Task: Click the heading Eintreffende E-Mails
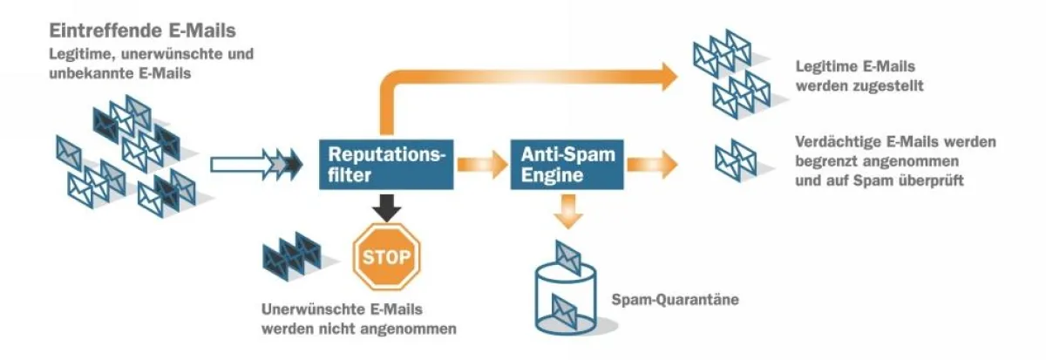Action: pos(142,31)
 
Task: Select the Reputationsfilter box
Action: pos(386,164)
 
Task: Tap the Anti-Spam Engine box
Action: pos(567,164)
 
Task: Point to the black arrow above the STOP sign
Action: pos(385,206)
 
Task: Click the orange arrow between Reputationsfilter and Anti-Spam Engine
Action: pos(482,164)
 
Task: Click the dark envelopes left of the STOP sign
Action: pos(292,254)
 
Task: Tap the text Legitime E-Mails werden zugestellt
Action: pos(859,77)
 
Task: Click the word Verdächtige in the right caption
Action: pos(837,142)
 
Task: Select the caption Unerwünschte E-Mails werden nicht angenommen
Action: pos(358,319)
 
